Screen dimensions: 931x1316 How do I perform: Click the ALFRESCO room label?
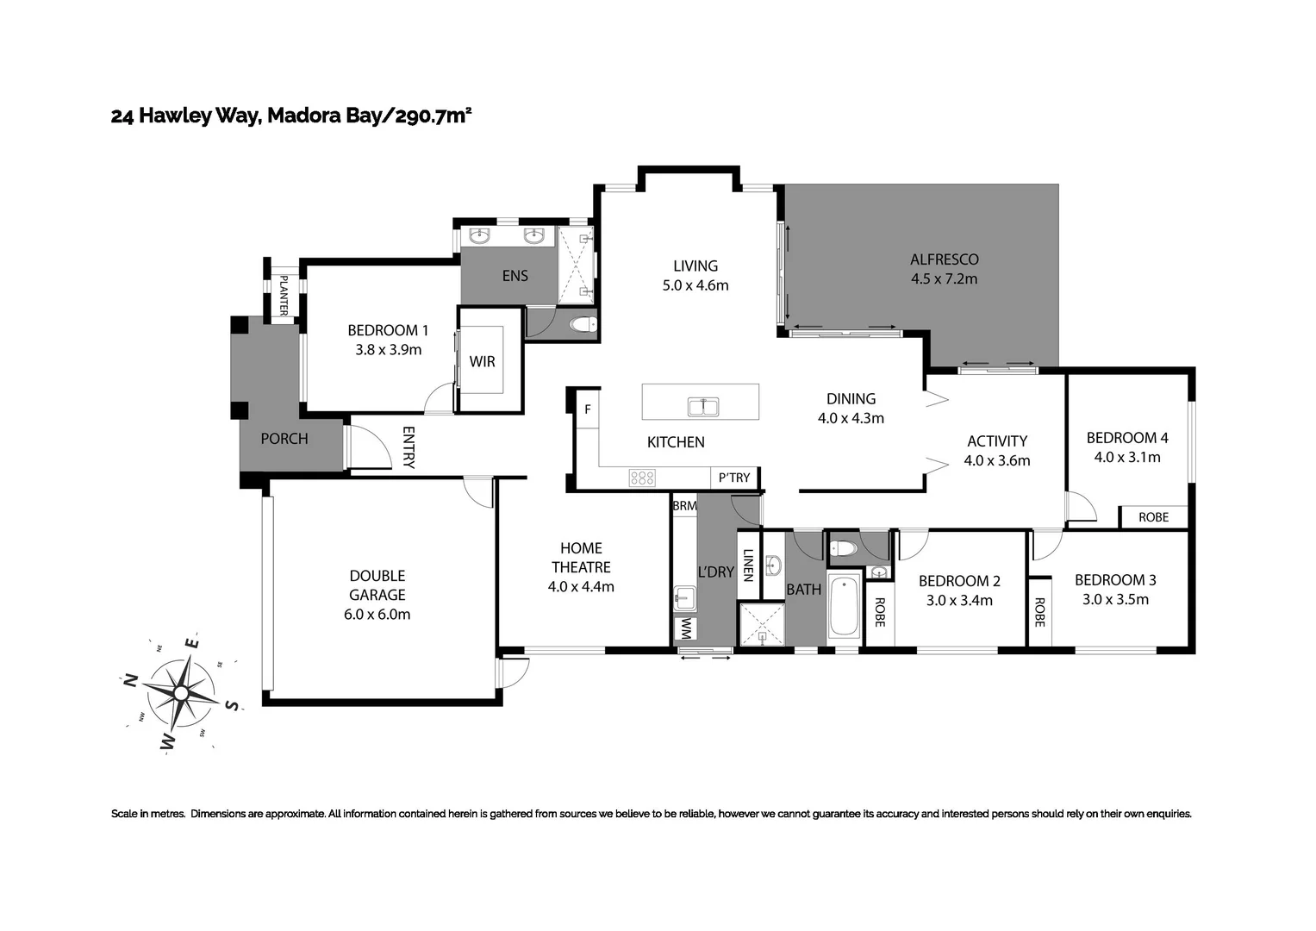tap(944, 259)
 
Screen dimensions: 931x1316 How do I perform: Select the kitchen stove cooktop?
tap(642, 478)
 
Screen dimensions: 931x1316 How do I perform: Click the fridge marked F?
tap(588, 409)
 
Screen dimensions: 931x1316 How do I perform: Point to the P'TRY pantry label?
tap(734, 478)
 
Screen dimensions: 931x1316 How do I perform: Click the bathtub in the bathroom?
tap(844, 607)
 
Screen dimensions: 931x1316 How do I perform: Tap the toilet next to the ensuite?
tap(584, 325)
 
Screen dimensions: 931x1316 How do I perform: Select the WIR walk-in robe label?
tap(483, 361)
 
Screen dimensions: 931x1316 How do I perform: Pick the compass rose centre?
tap(181, 692)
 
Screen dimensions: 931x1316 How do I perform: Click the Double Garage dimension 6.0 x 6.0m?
tap(377, 615)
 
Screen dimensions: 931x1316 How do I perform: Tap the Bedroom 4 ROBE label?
tap(1153, 517)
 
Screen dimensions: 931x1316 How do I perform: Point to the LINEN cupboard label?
tap(748, 565)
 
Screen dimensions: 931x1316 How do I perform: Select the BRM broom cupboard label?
tap(684, 506)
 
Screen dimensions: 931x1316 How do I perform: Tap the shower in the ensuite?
tap(575, 264)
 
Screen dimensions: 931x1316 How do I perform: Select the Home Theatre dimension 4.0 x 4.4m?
tap(581, 587)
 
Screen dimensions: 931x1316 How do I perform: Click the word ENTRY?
tap(409, 447)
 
